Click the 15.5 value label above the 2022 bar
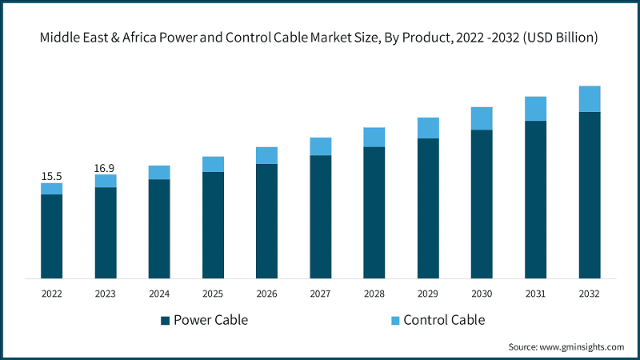[x=51, y=176]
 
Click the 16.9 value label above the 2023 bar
[x=105, y=168]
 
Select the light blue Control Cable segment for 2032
[x=590, y=98]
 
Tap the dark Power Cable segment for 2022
[x=51, y=236]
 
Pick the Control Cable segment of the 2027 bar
[x=321, y=146]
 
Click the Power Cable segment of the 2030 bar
[x=482, y=204]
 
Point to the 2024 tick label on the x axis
[x=159, y=294]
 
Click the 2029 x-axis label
[x=428, y=294]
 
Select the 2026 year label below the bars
[x=266, y=294]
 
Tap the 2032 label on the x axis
[x=590, y=294]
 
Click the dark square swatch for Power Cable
[x=166, y=321]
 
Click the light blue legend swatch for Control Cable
[x=394, y=321]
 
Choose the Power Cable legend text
[x=210, y=320]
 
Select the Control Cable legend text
[x=444, y=320]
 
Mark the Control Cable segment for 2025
[x=213, y=164]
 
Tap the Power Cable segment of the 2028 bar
[x=374, y=213]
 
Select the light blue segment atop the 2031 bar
[x=535, y=109]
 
